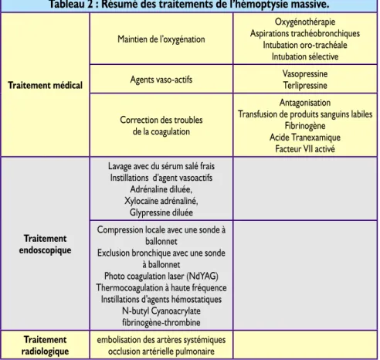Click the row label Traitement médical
(x=45, y=85)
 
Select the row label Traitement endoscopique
(x=45, y=244)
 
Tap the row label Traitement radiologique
(x=45, y=345)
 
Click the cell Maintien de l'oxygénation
(x=161, y=39)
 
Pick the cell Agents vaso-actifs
(x=161, y=80)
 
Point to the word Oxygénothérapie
(x=305, y=22)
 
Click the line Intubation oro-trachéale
(x=305, y=45)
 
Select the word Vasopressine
(x=305, y=73)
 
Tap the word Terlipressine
(x=305, y=85)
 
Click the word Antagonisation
(x=305, y=103)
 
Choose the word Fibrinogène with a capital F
(x=305, y=126)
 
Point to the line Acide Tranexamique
(x=305, y=138)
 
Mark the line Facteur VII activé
(x=305, y=149)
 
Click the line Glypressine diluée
(x=161, y=212)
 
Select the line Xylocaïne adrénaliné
(x=161, y=201)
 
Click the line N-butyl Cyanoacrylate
(x=161, y=311)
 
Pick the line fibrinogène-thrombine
(x=161, y=322)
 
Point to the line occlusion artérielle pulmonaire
(x=161, y=352)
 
